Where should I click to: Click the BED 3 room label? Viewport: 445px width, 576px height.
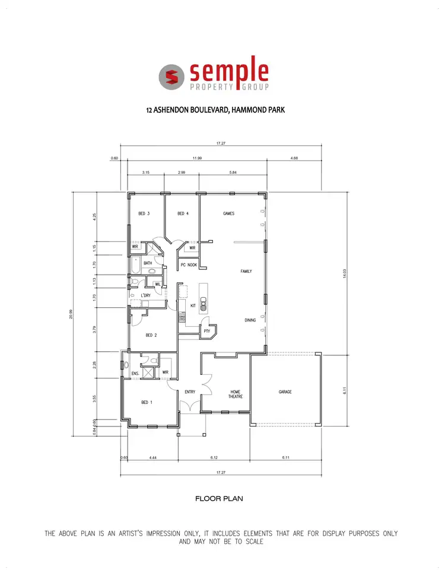144,214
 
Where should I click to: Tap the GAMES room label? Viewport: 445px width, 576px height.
228,214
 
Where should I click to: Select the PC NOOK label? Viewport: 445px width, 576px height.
189,265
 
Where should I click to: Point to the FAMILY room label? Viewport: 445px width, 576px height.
246,271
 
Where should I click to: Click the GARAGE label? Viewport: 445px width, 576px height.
285,392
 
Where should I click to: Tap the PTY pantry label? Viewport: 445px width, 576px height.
206,332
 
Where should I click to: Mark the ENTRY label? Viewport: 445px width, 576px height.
190,392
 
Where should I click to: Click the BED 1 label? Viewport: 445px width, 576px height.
147,402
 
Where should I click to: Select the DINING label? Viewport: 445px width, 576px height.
250,320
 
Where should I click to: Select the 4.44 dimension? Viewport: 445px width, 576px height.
152,457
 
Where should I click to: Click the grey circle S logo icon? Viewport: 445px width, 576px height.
171,77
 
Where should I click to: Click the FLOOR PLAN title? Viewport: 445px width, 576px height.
219,499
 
